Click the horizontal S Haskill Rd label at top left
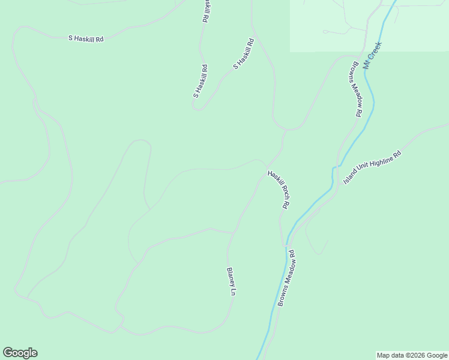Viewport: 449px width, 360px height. coord(86,38)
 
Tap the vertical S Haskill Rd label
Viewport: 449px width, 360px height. coord(200,81)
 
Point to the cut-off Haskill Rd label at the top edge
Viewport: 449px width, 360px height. coord(205,11)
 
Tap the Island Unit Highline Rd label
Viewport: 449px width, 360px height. coord(372,167)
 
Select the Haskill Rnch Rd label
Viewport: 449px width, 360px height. coord(279,190)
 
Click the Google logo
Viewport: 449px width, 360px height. coord(20,353)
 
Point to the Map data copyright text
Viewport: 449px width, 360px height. coord(412,355)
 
